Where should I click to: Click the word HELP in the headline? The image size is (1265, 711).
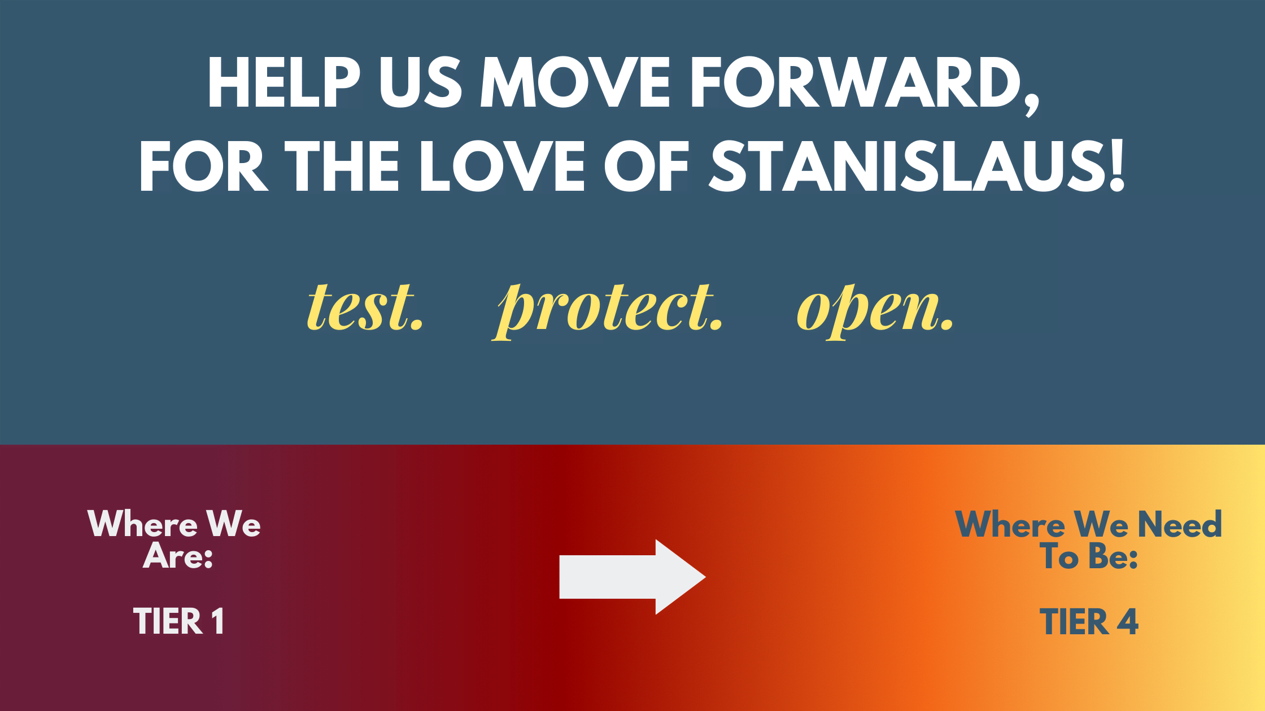(x=284, y=82)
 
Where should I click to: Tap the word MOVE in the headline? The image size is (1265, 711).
(x=575, y=82)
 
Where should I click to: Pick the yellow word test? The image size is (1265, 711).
(x=365, y=307)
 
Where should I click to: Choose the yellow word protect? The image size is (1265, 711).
(x=608, y=310)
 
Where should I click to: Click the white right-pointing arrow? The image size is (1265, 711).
(x=632, y=577)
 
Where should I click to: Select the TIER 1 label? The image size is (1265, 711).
(x=178, y=621)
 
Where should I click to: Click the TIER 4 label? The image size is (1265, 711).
(x=1089, y=622)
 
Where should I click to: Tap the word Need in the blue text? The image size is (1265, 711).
(x=1180, y=524)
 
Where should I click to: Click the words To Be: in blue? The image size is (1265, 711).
(x=1089, y=556)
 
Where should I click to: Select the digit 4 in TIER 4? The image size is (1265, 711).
(x=1127, y=622)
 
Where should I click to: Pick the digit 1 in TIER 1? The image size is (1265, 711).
(x=218, y=621)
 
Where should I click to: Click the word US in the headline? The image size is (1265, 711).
(x=421, y=83)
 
